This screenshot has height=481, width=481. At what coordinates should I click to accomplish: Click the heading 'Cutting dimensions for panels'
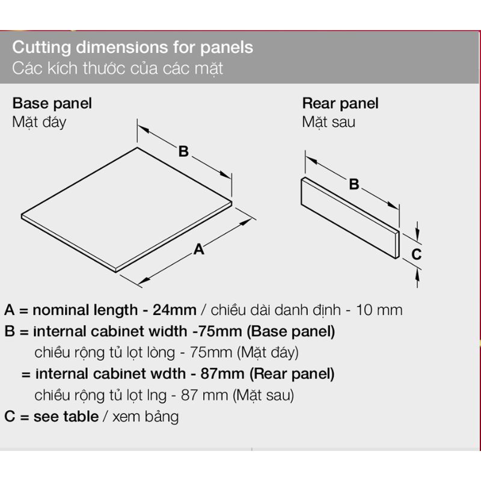click(x=132, y=48)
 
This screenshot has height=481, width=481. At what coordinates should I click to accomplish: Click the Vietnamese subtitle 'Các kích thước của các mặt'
click(x=117, y=68)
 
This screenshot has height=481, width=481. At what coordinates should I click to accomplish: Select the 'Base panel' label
click(x=52, y=103)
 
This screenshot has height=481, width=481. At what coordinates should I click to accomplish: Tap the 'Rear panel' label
click(x=340, y=103)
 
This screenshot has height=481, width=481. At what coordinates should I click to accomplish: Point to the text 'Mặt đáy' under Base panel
click(x=39, y=122)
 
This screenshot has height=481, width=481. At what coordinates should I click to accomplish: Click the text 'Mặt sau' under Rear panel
click(x=328, y=122)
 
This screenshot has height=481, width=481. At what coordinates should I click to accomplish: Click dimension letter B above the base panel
click(x=183, y=152)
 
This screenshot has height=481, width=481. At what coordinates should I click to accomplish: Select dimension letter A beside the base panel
click(x=199, y=249)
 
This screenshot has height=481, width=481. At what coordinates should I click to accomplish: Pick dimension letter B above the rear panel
click(x=354, y=184)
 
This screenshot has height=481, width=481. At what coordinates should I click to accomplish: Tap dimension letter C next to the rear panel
click(x=416, y=254)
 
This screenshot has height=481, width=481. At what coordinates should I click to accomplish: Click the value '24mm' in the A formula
click(x=174, y=310)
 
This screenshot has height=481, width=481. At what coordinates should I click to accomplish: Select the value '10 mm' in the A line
click(x=379, y=310)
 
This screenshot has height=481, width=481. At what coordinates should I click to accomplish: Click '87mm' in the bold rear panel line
click(x=222, y=373)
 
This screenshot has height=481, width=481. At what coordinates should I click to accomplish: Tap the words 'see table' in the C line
click(x=66, y=417)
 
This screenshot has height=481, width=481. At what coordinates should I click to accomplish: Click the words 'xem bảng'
click(x=146, y=417)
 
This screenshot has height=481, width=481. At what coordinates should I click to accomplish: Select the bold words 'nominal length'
click(x=85, y=310)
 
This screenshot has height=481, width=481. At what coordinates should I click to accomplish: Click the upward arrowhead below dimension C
click(x=417, y=275)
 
